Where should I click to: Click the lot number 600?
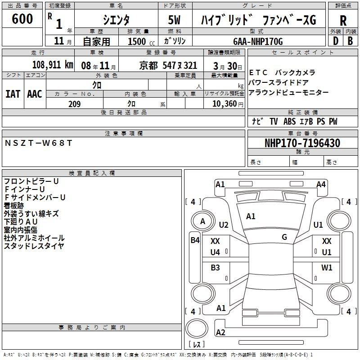click(22, 18)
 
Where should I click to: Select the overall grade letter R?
click(343, 20)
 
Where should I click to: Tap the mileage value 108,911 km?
click(53, 65)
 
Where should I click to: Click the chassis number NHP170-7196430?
click(302, 143)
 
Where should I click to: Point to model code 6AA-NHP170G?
click(258, 41)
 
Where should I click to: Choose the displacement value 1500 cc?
click(141, 41)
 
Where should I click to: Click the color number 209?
click(74, 104)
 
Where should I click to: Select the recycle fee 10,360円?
click(228, 104)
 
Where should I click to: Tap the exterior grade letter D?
click(336, 41)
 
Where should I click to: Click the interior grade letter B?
click(350, 41)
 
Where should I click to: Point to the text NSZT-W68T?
click(38, 143)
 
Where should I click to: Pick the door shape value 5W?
click(174, 20)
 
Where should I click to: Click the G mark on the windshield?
click(284, 237)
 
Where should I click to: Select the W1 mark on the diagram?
click(327, 267)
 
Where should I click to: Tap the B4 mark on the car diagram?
click(195, 240)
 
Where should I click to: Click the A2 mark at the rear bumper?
click(220, 332)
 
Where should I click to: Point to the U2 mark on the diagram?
click(224, 225)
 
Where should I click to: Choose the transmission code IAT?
click(13, 94)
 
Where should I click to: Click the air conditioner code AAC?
click(35, 94)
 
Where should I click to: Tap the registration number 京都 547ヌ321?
click(168, 66)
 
